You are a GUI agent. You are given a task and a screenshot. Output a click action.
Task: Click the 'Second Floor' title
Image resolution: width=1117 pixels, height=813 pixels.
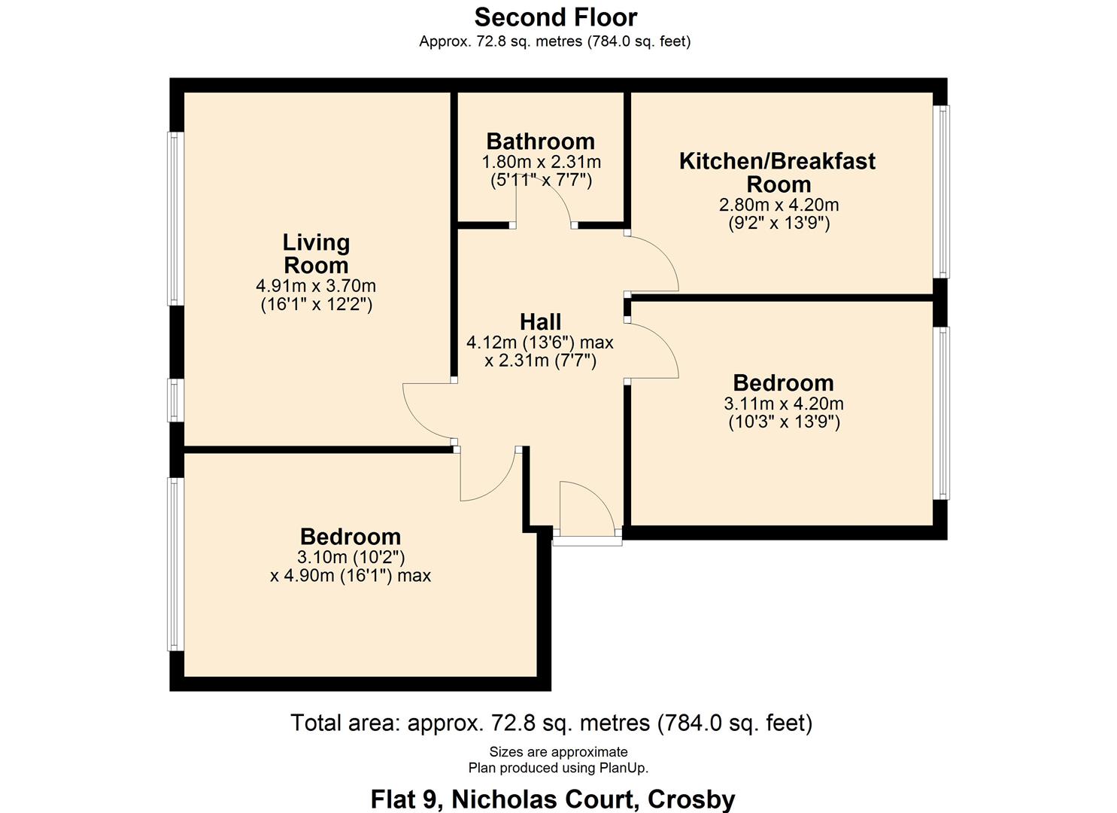tap(555, 17)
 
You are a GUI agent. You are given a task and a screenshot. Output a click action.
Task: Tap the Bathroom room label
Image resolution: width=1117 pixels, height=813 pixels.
tap(540, 141)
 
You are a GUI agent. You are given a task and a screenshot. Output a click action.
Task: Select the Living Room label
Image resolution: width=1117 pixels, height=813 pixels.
tap(316, 254)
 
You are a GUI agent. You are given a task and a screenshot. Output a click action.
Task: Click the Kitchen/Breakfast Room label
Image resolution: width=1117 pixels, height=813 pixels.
tap(778, 172)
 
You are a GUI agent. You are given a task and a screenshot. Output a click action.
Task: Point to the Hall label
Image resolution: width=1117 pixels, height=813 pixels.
tap(540, 322)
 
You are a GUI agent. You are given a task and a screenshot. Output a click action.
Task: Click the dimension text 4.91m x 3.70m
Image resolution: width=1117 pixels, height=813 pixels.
tap(316, 286)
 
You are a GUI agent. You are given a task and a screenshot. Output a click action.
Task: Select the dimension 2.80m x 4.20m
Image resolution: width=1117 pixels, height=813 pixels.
tap(779, 205)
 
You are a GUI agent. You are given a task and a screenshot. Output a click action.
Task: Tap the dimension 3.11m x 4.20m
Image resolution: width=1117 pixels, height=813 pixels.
tap(784, 403)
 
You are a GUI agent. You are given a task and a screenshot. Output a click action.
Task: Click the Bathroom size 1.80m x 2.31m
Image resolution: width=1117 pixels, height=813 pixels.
tap(541, 162)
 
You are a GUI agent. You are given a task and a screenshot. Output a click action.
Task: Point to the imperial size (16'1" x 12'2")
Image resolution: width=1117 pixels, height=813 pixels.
tap(316, 305)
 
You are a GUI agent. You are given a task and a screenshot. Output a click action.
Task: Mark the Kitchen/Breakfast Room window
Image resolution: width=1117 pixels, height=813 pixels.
tap(941, 191)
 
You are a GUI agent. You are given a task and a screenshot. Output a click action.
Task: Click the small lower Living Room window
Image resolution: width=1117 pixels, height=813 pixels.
tap(175, 400)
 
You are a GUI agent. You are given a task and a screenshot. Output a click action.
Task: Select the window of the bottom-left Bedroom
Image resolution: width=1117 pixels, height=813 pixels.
tap(175, 564)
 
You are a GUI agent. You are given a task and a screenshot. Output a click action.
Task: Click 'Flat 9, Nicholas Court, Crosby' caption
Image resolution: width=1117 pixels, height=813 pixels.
tap(553, 799)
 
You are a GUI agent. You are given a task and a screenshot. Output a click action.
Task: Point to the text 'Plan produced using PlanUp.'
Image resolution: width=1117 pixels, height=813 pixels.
tap(558, 768)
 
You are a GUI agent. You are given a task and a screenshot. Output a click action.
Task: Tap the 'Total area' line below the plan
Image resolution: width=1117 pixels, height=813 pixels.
tap(551, 723)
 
